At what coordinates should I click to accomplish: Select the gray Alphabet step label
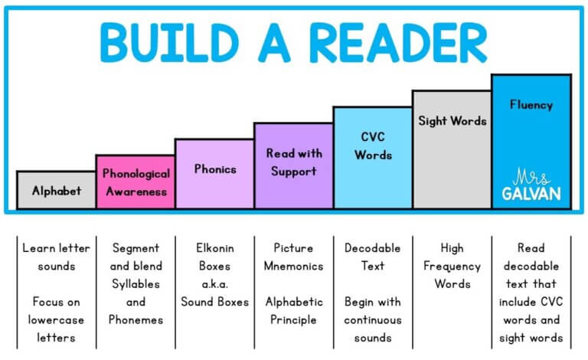(x=56, y=191)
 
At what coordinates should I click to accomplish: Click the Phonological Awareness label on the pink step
(x=136, y=182)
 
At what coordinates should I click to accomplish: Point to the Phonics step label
(x=214, y=169)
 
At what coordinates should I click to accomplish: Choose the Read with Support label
(x=293, y=162)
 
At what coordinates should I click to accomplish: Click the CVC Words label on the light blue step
(x=373, y=146)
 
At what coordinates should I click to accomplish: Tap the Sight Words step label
(x=452, y=121)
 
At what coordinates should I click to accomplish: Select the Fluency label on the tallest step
(x=531, y=105)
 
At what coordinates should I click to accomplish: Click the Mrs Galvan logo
(x=531, y=186)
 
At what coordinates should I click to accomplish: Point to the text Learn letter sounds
(x=56, y=257)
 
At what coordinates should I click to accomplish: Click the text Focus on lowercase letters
(x=56, y=319)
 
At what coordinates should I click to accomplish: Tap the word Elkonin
(x=214, y=248)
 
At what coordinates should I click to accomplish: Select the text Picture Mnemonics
(x=293, y=257)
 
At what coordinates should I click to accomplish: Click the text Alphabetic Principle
(x=293, y=310)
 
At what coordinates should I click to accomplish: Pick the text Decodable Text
(x=373, y=257)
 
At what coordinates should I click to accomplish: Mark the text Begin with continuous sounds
(x=373, y=319)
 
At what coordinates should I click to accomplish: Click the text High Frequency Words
(x=452, y=266)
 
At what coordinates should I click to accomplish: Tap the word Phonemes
(x=136, y=319)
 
